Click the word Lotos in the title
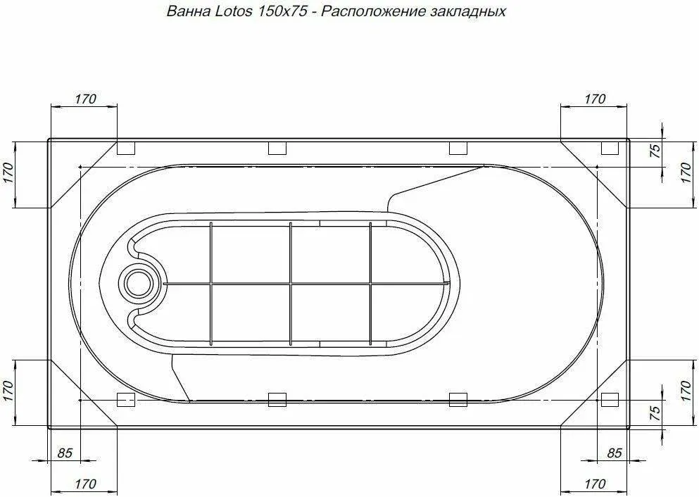coord(233,11)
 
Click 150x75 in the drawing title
coord(280,11)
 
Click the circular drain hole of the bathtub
coord(139,282)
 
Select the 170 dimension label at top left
coord(85,99)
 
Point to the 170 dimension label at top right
coord(595,99)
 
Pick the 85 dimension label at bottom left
coord(65,453)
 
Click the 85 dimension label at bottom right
coord(615,453)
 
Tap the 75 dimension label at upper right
coord(655,151)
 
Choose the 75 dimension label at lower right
coord(655,414)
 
